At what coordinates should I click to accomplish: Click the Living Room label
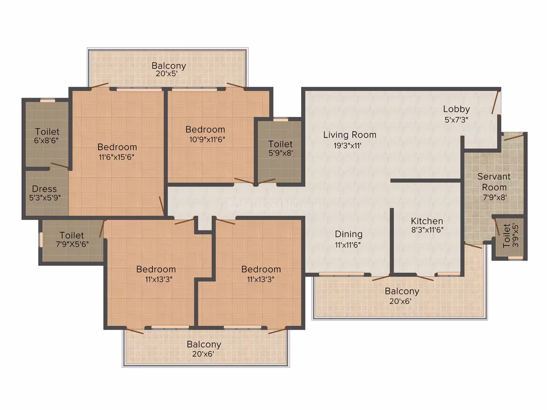pos(349,135)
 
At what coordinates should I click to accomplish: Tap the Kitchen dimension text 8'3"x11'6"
pos(427,230)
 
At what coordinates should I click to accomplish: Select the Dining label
pos(348,234)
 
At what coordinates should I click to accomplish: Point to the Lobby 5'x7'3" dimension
pos(456,120)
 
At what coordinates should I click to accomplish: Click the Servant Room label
pos(494,182)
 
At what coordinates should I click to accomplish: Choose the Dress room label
pos(44,189)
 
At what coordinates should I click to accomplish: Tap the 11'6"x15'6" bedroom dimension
pos(116,157)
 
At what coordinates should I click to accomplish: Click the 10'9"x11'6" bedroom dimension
pos(207,140)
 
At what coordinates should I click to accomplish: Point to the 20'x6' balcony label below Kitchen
pos(400,301)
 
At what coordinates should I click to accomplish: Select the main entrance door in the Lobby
pos(496,102)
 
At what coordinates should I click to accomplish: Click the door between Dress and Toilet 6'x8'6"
pos(60,165)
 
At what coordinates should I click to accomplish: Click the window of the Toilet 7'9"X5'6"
pos(41,239)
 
